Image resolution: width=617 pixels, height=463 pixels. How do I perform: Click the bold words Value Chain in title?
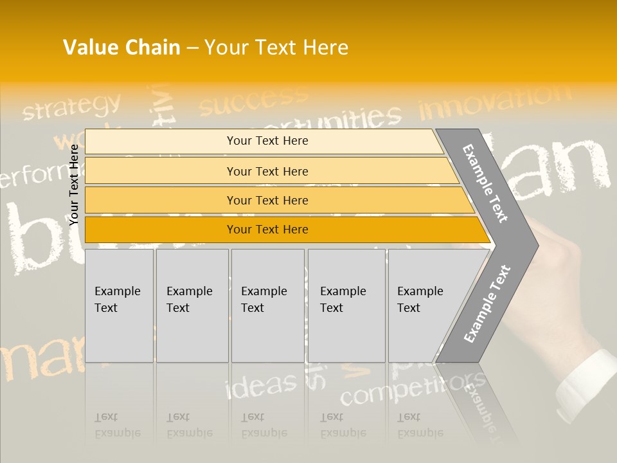click(x=121, y=48)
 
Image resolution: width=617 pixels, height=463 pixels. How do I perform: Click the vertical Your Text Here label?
click(x=74, y=185)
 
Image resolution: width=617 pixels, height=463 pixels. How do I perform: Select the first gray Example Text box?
click(x=119, y=305)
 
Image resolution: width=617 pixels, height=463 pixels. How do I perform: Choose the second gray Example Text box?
click(x=192, y=305)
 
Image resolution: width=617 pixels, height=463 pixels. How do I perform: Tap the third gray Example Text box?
click(x=267, y=305)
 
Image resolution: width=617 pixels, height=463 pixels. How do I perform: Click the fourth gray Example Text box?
click(x=346, y=305)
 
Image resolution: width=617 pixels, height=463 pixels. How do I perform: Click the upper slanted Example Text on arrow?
click(x=485, y=183)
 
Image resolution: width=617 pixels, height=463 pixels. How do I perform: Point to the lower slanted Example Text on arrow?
click(x=487, y=304)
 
